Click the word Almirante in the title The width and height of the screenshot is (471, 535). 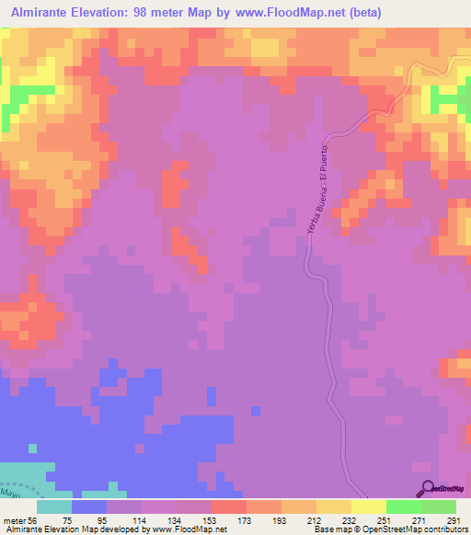(x=45, y=11)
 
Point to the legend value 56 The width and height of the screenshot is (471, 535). (x=35, y=519)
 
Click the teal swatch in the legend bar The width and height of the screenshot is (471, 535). (x=54, y=507)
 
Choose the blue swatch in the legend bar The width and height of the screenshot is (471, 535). (x=89, y=507)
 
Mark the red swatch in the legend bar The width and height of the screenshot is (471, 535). (x=229, y=507)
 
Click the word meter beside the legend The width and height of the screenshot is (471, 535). (x=13, y=519)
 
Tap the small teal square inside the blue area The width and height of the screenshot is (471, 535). (x=33, y=449)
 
